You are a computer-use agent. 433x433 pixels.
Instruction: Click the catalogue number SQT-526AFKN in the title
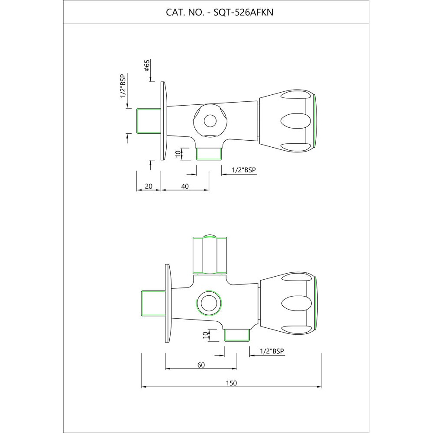[243, 13]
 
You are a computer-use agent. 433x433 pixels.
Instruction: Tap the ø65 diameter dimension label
[147, 65]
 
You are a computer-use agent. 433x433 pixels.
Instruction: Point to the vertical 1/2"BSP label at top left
[123, 86]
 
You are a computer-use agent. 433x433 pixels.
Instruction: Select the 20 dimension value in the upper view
[149, 186]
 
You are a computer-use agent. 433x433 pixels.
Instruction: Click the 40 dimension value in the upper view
[185, 186]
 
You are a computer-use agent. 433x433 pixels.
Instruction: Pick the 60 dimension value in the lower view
[201, 365]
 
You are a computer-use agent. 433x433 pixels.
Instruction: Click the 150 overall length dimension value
[231, 383]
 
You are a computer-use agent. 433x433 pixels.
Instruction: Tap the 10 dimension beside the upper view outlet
[178, 154]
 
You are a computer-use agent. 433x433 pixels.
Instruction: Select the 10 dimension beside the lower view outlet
[205, 335]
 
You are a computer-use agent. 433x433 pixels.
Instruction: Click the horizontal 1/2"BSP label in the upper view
[244, 170]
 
